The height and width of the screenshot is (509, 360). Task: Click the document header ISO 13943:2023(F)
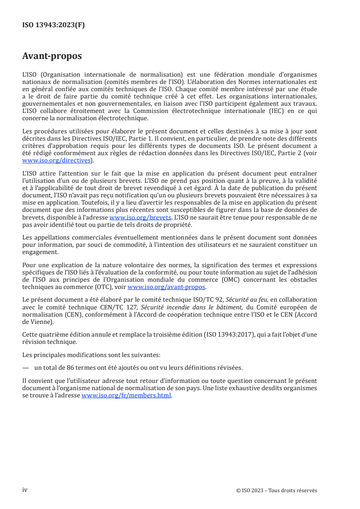coord(54,25)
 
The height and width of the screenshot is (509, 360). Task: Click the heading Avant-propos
coord(52,56)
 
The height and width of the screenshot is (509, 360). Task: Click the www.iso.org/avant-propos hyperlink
coord(167,287)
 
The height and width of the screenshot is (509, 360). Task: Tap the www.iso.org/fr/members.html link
coord(126,395)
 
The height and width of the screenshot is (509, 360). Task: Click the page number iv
coord(25,490)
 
